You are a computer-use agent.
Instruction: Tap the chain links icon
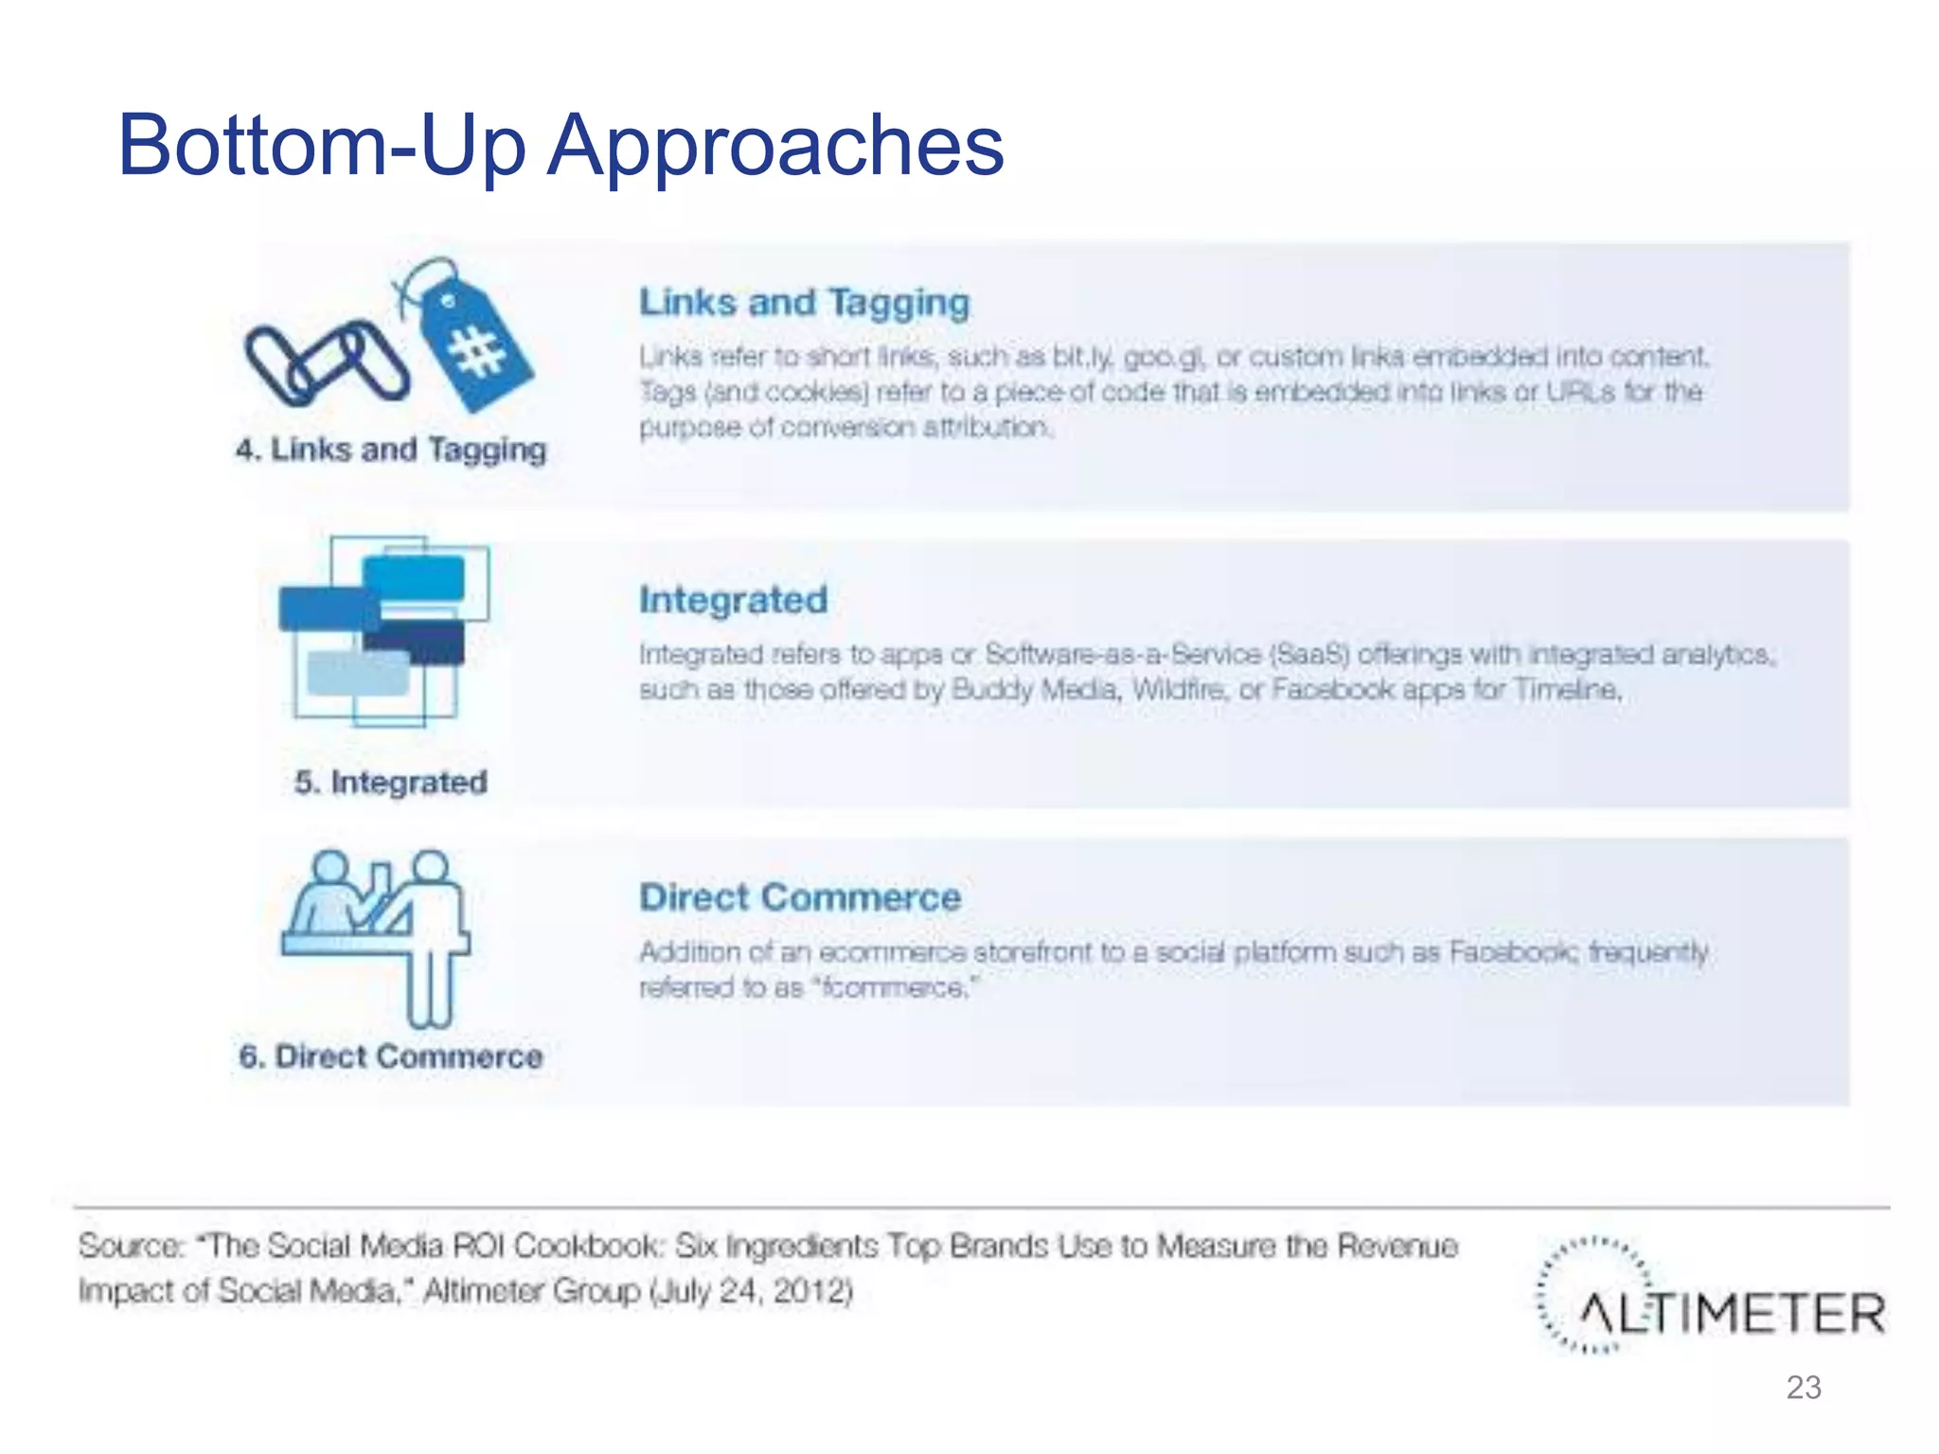pos(326,363)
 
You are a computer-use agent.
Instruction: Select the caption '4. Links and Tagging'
pos(391,450)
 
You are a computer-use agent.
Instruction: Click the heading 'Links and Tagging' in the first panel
pos(804,303)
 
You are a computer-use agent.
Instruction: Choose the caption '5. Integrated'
pos(391,783)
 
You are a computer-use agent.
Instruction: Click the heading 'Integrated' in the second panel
pos(733,600)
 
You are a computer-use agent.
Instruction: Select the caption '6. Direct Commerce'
pos(391,1056)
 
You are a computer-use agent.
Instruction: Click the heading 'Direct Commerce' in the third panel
pos(800,897)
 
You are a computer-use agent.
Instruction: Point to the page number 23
pos(1803,1388)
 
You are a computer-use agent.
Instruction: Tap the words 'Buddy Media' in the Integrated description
pos(1036,690)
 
